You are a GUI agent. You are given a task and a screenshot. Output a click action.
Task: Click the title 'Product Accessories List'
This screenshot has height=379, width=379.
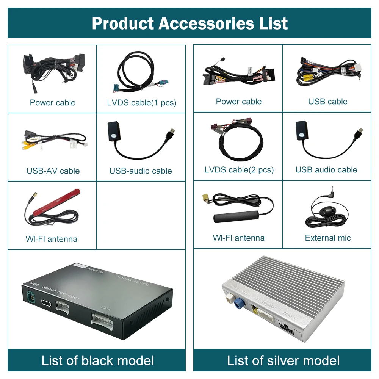(x=189, y=23)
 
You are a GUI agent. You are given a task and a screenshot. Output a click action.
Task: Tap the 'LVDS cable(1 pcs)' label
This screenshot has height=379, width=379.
(x=141, y=103)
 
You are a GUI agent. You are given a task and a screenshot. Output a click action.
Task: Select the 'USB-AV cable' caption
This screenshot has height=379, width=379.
(x=53, y=171)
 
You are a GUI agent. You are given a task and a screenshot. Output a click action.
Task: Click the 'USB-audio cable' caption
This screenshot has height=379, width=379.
(x=141, y=171)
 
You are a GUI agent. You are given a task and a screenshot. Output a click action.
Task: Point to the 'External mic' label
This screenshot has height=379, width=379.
(x=328, y=238)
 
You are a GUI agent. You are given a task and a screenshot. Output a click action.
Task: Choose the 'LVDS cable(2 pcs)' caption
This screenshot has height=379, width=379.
(x=239, y=170)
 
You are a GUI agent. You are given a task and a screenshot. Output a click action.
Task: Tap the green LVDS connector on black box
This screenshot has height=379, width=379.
(x=30, y=297)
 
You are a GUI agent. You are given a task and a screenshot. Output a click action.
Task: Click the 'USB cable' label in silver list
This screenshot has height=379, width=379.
(x=328, y=102)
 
